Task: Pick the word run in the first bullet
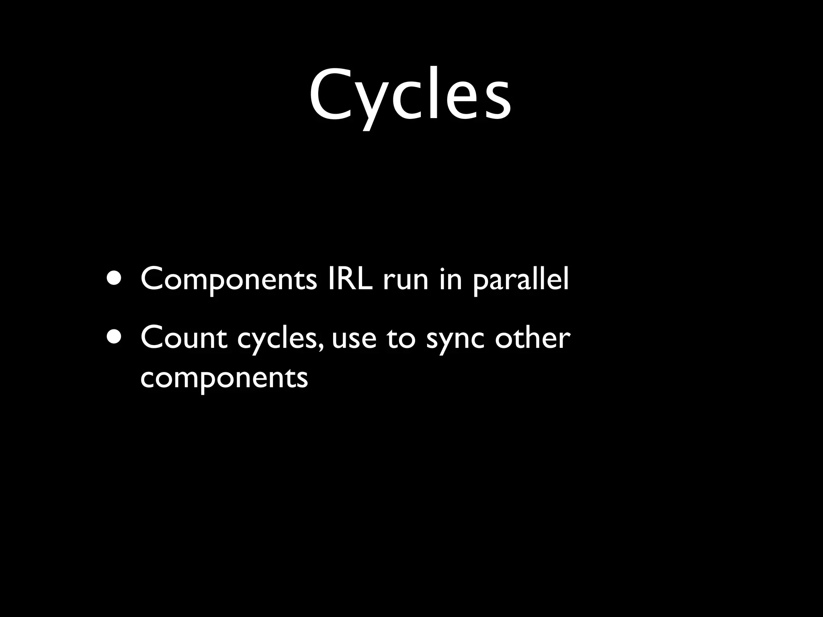pyautogui.click(x=405, y=281)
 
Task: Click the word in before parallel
pyautogui.click(x=450, y=279)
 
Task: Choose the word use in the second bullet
pyautogui.click(x=354, y=340)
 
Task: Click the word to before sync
pyautogui.click(x=401, y=338)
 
